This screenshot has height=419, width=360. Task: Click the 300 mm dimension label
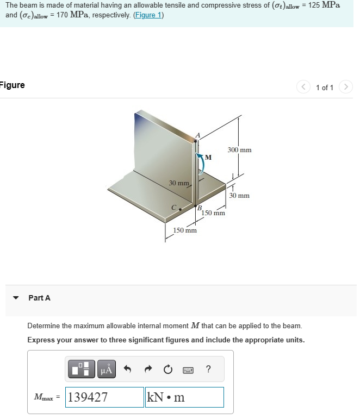[239, 149]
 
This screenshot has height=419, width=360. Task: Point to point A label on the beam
[198, 135]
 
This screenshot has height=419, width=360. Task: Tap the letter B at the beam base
[200, 208]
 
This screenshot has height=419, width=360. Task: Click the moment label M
[208, 158]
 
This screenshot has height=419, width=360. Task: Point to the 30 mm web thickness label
[179, 183]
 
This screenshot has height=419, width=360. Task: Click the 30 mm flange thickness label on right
[239, 195]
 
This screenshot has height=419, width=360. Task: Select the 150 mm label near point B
[213, 213]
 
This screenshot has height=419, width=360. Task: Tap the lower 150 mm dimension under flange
[185, 230]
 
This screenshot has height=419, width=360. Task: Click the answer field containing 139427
[104, 397]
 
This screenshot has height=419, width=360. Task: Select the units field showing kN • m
[184, 397]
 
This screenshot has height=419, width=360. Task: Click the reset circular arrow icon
[168, 370]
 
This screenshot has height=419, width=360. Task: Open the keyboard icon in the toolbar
[188, 370]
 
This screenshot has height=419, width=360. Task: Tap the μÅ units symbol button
[106, 370]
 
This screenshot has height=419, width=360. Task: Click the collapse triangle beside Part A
[16, 298]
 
